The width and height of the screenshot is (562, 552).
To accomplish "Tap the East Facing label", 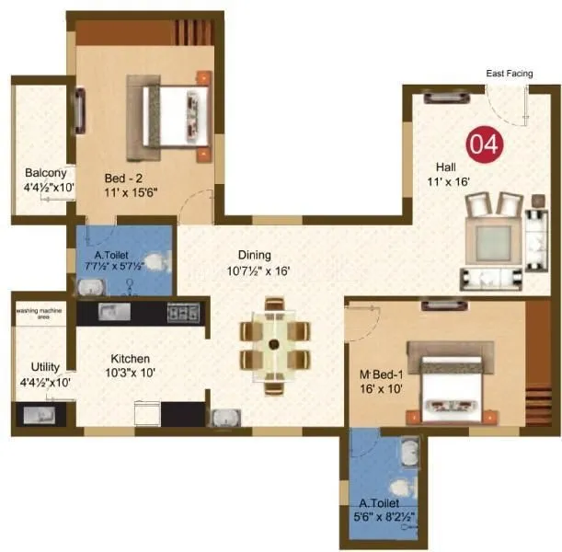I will pyautogui.click(x=507, y=73).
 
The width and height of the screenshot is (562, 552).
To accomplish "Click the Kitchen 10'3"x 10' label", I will pyautogui.click(x=130, y=365).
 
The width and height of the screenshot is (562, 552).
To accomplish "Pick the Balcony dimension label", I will pyautogui.click(x=47, y=180).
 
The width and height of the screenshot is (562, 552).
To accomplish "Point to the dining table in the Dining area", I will pyautogui.click(x=274, y=344).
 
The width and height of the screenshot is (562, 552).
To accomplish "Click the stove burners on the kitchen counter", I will pyautogui.click(x=183, y=313).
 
